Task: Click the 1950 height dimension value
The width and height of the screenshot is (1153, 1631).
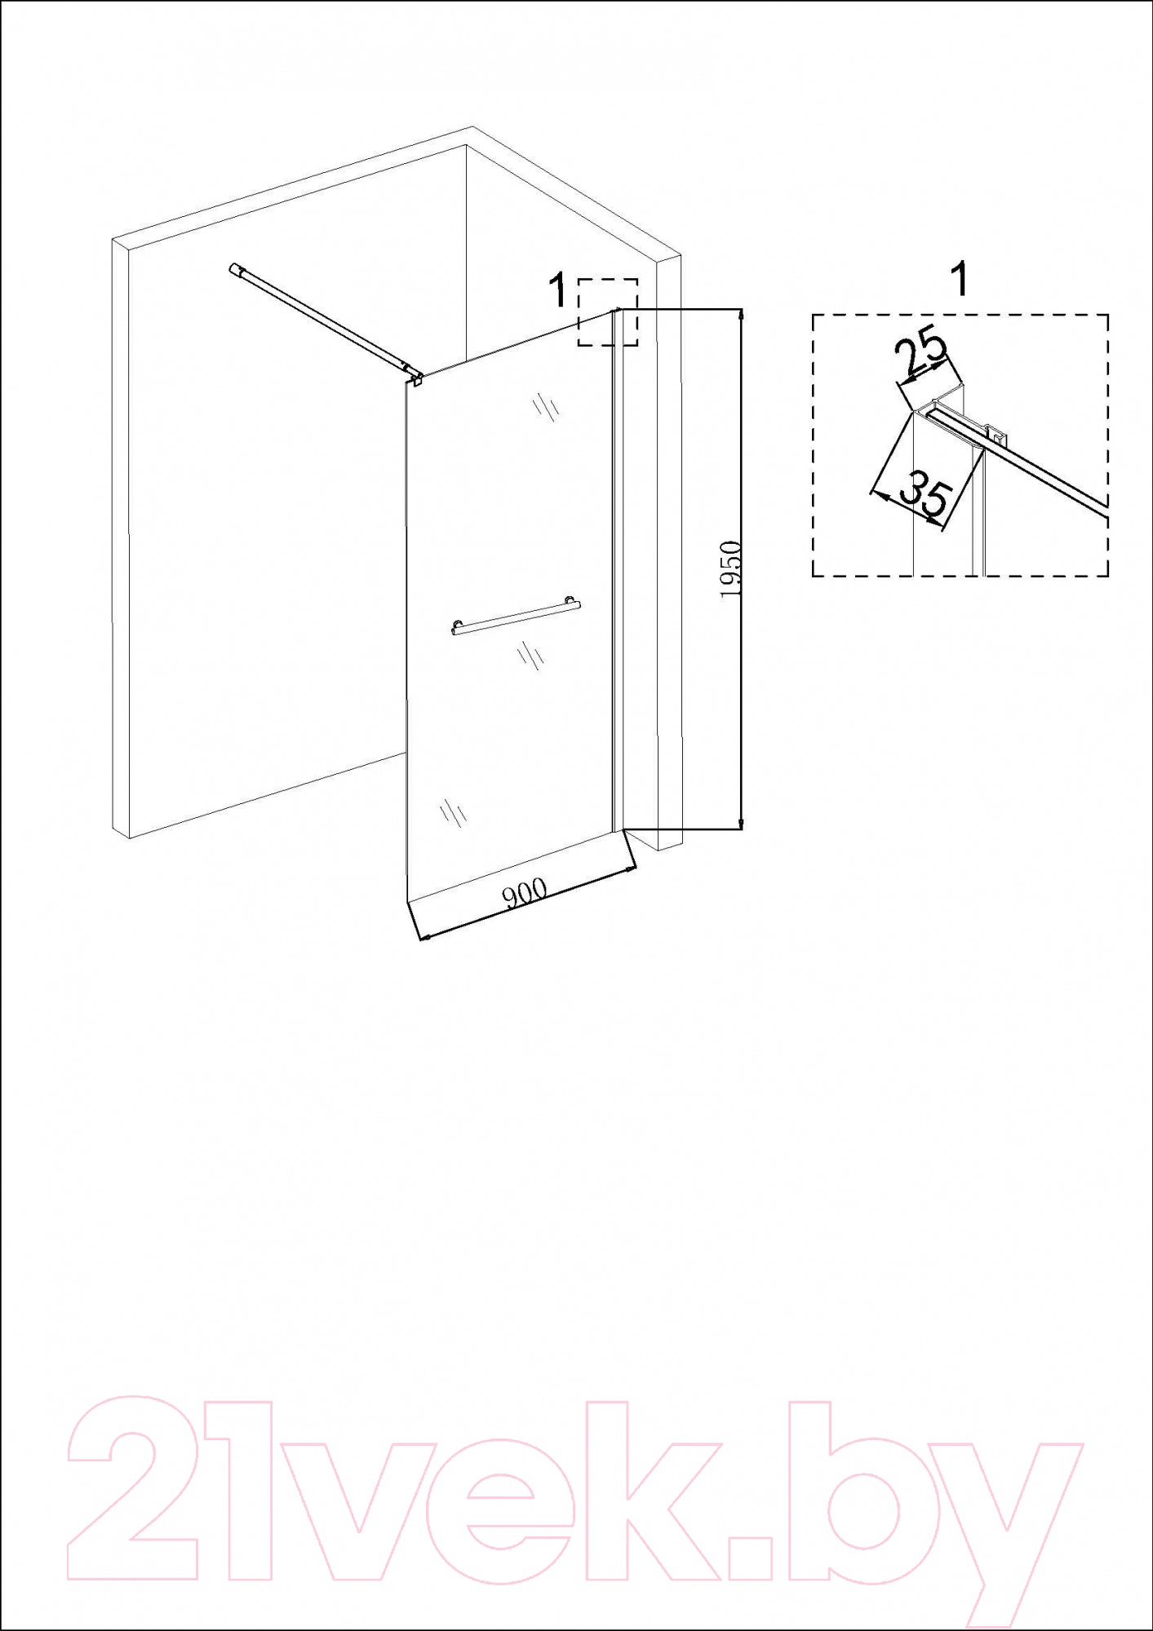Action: [x=731, y=568]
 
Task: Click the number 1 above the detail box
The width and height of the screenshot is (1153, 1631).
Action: [x=961, y=280]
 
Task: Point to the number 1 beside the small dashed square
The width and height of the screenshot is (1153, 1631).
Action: [x=559, y=291]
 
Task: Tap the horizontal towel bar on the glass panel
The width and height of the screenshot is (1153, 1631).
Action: [x=516, y=616]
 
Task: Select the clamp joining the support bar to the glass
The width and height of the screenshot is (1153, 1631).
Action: [x=415, y=377]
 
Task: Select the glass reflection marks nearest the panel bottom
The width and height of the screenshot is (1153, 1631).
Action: [x=452, y=811]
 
